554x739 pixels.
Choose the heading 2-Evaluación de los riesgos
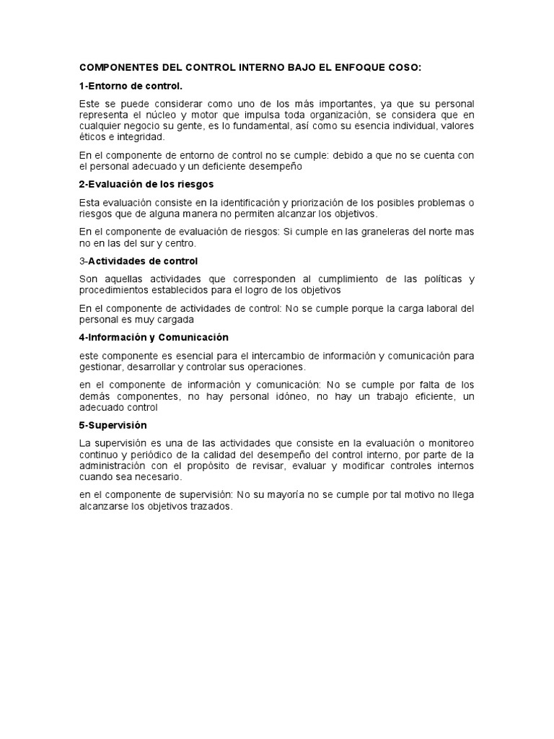click(146, 184)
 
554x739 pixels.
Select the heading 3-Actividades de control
click(138, 261)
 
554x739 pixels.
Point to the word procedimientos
click(115, 290)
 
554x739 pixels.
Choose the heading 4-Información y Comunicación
click(154, 337)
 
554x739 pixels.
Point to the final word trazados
click(209, 506)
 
